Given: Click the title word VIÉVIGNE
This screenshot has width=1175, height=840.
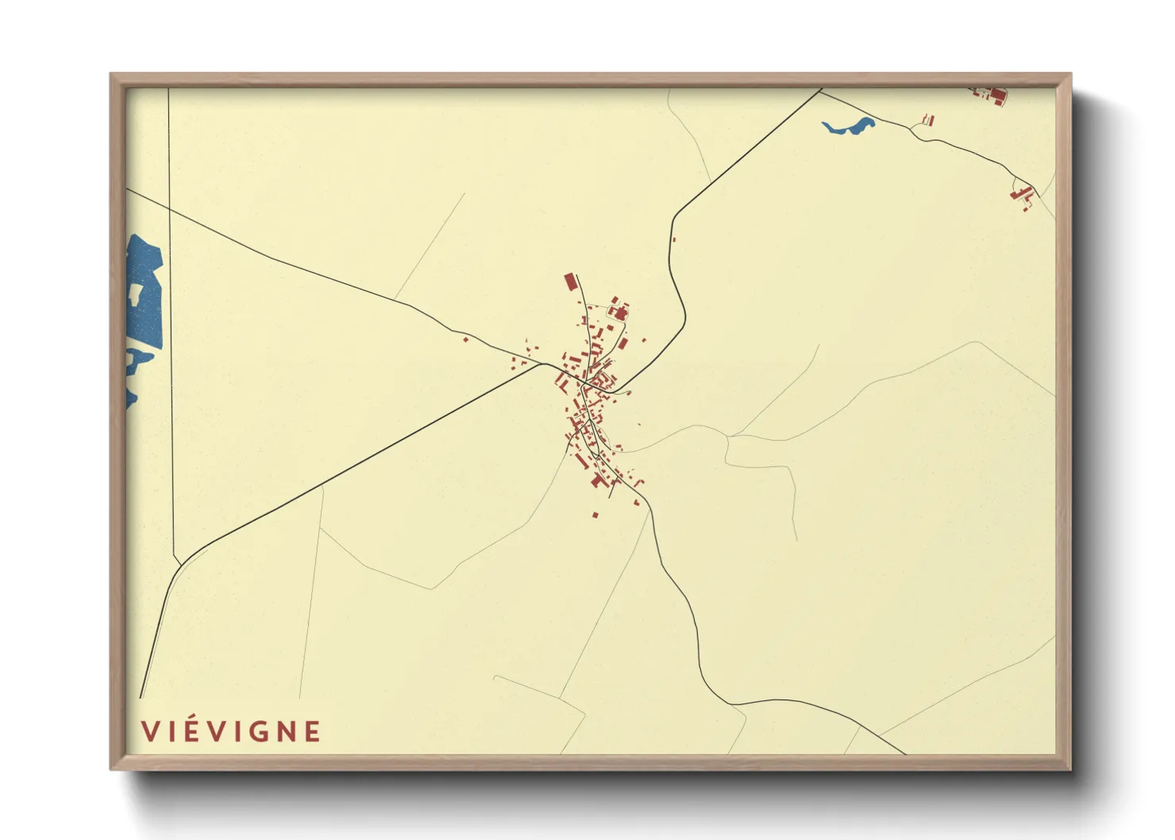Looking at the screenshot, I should pyautogui.click(x=230, y=731).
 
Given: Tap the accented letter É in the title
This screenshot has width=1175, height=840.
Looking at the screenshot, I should pyautogui.click(x=184, y=731).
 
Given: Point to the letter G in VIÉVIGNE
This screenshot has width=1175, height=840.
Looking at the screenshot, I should pyautogui.click(x=256, y=731).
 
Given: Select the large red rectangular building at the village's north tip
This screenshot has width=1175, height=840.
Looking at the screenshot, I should pyautogui.click(x=569, y=282).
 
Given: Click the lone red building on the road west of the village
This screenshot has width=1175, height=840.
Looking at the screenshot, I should pyautogui.click(x=465, y=340).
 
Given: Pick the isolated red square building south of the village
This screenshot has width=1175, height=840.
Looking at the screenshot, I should pyautogui.click(x=595, y=515).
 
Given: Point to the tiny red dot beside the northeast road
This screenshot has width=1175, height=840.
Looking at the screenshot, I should pyautogui.click(x=674, y=239).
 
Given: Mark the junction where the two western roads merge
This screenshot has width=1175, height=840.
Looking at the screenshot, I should pyautogui.click(x=545, y=365).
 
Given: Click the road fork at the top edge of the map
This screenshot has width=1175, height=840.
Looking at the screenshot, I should pyautogui.click(x=820, y=91).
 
